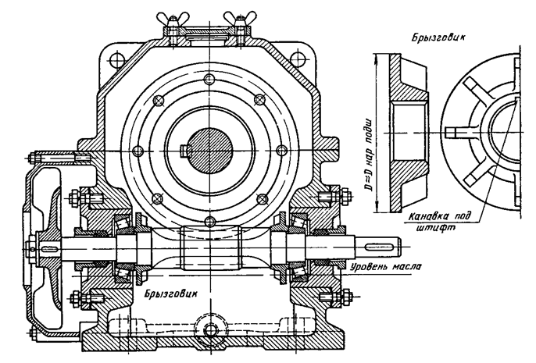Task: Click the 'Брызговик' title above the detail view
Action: (438, 37)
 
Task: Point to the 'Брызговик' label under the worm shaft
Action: (170, 294)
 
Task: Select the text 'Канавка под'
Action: (440, 216)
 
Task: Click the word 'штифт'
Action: (437, 228)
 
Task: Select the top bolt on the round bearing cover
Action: (209, 80)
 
